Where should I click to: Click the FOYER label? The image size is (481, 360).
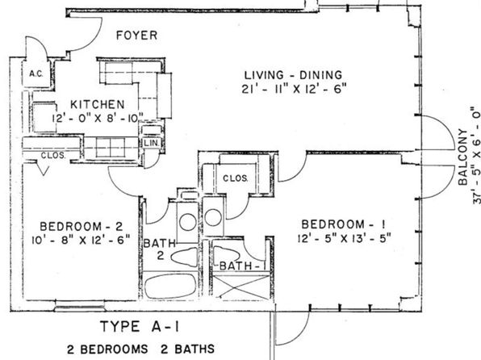137,36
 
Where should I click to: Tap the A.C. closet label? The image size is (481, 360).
36,74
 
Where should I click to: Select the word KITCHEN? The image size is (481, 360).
98,105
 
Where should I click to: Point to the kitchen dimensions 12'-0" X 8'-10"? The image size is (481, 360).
98,118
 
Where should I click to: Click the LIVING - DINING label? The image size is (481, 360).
293,75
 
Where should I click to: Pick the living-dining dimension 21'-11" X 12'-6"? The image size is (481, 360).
295,90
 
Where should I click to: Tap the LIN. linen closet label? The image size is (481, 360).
151,143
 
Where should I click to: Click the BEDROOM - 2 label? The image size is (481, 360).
82,227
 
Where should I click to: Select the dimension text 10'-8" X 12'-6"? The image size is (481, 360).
81,240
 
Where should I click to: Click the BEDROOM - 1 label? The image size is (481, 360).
344,224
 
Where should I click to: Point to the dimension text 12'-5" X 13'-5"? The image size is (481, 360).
344,238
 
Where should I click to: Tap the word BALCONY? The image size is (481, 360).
463,157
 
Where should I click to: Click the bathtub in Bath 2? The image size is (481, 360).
170,286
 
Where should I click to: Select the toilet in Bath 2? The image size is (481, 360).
184,257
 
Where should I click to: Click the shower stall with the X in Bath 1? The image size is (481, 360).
241,287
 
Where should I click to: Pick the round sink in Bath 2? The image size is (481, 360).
188,222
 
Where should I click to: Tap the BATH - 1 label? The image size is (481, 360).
242,266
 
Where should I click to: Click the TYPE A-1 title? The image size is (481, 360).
140,326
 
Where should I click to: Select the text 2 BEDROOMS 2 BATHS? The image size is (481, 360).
140,349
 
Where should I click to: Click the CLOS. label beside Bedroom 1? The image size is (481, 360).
236,178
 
